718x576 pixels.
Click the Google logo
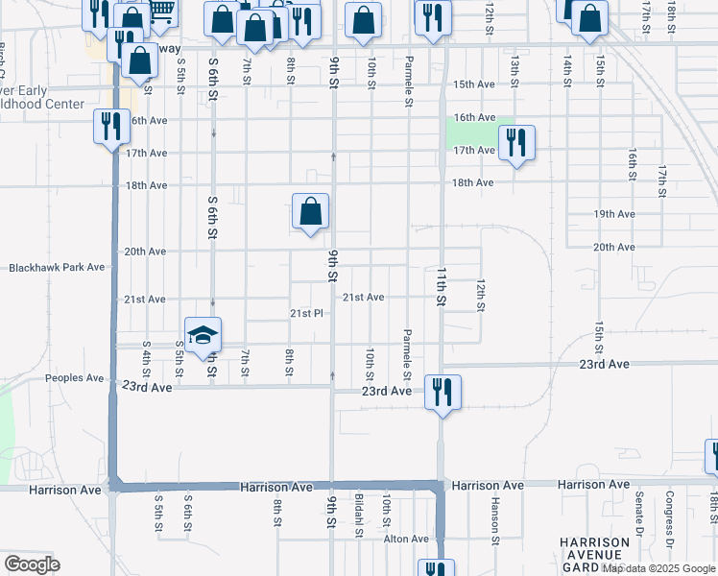pyautogui.click(x=32, y=564)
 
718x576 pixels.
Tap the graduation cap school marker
pyautogui.click(x=203, y=335)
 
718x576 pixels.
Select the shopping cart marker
pyautogui.click(x=161, y=12)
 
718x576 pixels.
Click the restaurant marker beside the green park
pyautogui.click(x=516, y=144)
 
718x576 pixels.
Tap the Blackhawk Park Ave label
pyautogui.click(x=56, y=268)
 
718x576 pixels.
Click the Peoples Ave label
pyautogui.click(x=74, y=378)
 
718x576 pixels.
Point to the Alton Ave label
pyautogui.click(x=406, y=540)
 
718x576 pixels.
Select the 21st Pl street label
pyautogui.click(x=308, y=314)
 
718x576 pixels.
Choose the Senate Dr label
pyautogui.click(x=638, y=514)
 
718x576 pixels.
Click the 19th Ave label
pyautogui.click(x=614, y=214)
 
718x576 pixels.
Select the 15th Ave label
pyautogui.click(x=473, y=84)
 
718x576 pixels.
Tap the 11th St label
pyautogui.click(x=443, y=287)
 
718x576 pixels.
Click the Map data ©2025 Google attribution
pyautogui.click(x=658, y=568)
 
